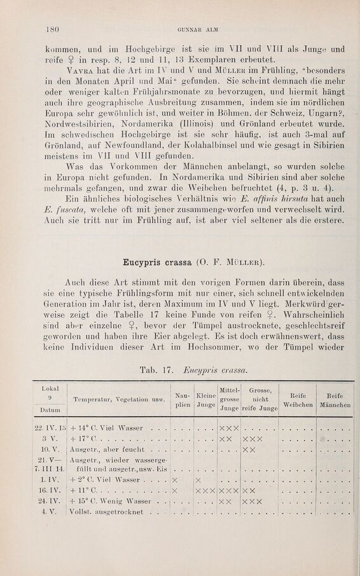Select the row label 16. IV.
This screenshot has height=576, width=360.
50,508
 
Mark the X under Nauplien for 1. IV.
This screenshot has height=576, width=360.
174,497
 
